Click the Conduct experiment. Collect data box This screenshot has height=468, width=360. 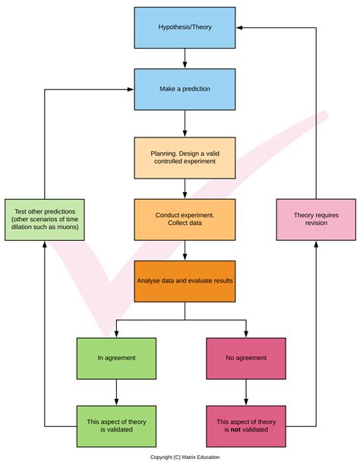coord(185,220)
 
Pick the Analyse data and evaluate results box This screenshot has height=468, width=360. coord(185,280)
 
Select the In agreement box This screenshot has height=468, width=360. coord(116,357)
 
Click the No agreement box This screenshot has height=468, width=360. coord(246,357)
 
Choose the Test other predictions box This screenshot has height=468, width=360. coord(45,219)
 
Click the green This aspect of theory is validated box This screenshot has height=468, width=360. coord(116,426)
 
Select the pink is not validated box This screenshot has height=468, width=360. coord(246,426)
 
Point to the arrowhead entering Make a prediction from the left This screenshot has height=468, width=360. coord(131,89)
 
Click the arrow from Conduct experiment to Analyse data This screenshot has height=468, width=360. coord(185,250)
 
